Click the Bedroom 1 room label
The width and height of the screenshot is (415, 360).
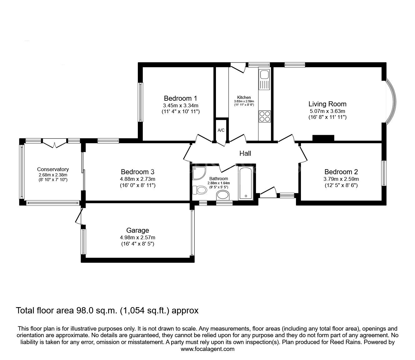click(180, 98)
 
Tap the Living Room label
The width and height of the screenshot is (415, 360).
click(327, 104)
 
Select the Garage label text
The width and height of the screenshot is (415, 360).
click(137, 230)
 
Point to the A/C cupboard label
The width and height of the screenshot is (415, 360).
click(221, 130)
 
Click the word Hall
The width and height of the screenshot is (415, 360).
click(245, 153)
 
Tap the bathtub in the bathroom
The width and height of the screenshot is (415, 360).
click(246, 183)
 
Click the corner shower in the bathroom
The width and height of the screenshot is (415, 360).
click(198, 173)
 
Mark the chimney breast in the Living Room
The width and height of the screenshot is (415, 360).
click(323, 138)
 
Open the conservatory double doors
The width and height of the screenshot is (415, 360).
click(55, 144)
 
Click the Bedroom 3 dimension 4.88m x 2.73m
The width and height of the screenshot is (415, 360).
click(137, 179)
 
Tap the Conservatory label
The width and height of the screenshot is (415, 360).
click(53, 170)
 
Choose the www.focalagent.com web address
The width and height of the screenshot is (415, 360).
click(207, 349)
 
